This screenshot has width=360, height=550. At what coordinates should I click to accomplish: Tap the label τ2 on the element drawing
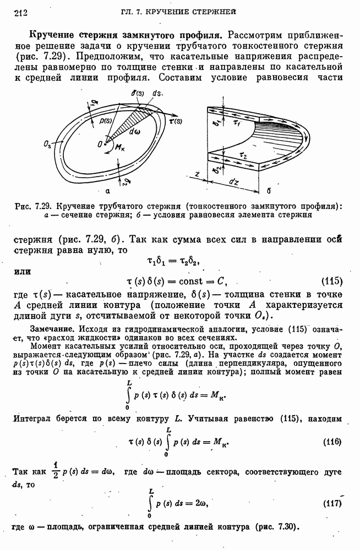tap(240, 156)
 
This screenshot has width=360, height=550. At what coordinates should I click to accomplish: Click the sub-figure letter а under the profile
tap(107, 191)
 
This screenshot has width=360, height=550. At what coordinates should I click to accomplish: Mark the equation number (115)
tap(331, 282)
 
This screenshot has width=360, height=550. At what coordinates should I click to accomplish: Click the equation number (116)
tap(331, 442)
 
